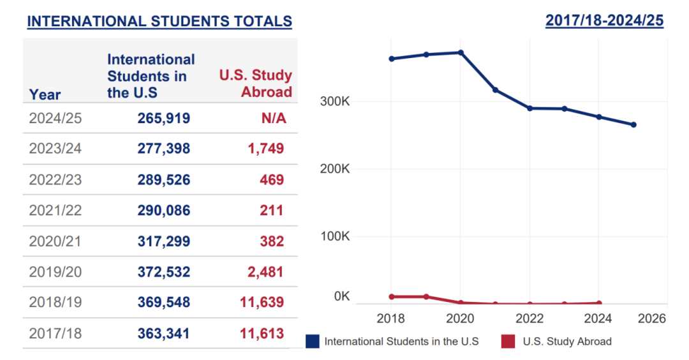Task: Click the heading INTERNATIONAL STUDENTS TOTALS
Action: (159, 21)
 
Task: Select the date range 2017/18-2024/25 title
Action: (604, 20)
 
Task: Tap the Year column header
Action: (45, 94)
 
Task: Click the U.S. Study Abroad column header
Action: (256, 84)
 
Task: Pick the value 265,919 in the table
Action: (163, 118)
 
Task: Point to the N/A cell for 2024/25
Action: (273, 118)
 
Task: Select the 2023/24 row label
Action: (56, 149)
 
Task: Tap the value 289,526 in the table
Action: (163, 180)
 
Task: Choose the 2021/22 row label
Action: (56, 210)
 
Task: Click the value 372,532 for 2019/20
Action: (163, 272)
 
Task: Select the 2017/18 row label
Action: (56, 333)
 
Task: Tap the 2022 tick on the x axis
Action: (530, 318)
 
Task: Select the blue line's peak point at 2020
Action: (461, 52)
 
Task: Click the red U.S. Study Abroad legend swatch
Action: (508, 341)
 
